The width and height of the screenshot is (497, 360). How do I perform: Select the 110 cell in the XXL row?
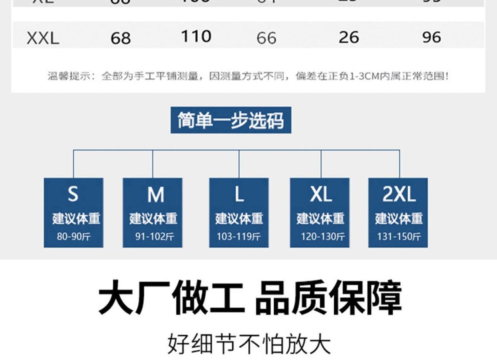coord(196,37)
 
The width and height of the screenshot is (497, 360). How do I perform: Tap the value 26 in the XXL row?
coord(349,37)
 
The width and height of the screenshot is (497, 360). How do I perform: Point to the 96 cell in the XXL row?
coord(432,37)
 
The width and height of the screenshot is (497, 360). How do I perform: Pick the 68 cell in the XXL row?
coord(120,38)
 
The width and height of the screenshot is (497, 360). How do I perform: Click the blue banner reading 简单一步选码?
coord(231,120)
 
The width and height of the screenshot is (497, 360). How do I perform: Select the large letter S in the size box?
coord(73,194)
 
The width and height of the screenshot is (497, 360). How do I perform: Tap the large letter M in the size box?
coord(155,195)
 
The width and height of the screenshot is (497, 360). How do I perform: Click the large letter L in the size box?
coord(239,194)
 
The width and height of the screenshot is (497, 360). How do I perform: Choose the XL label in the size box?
coord(321,194)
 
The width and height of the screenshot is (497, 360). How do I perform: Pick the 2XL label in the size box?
coord(399,194)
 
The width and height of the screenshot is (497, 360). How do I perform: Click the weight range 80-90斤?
coord(74,236)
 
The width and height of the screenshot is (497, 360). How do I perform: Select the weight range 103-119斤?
coord(239,236)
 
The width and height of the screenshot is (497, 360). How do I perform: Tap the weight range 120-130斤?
coord(323,236)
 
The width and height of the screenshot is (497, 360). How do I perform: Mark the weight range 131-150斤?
coord(399,236)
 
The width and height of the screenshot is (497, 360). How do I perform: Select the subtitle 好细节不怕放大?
coord(249,344)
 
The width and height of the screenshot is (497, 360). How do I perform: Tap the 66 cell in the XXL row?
coord(266,38)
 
